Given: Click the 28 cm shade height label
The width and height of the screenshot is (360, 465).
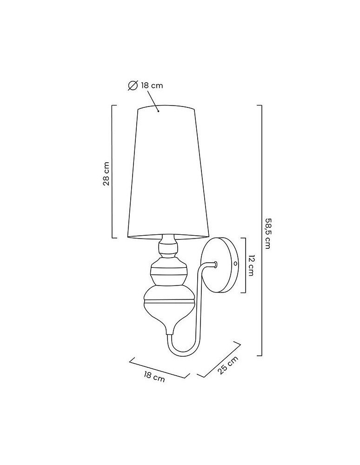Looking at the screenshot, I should coord(107,173).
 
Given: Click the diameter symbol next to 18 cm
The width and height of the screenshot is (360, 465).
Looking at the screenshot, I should coord(133,85).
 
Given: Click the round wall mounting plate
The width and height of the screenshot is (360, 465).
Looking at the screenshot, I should coord(222,265).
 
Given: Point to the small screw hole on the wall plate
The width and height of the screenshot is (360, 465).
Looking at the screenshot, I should coord(235,263).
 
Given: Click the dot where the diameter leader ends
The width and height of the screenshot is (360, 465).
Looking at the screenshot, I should coord(159,111).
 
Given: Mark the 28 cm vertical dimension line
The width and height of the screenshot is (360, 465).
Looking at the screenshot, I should coord(113,172).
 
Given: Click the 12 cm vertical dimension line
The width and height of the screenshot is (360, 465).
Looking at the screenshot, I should coord(245,266).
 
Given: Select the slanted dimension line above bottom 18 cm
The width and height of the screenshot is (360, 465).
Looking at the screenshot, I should coord(160,368).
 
